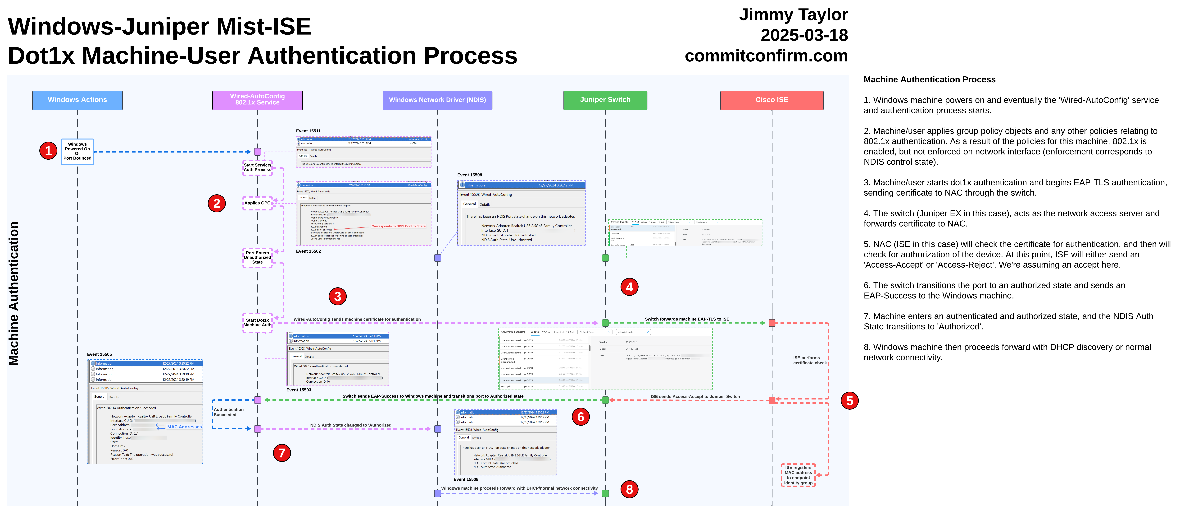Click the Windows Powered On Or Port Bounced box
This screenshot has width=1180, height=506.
pyautogui.click(x=77, y=151)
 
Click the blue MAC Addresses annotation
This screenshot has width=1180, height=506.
pyautogui.click(x=184, y=427)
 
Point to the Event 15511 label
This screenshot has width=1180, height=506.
pyautogui.click(x=308, y=131)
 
